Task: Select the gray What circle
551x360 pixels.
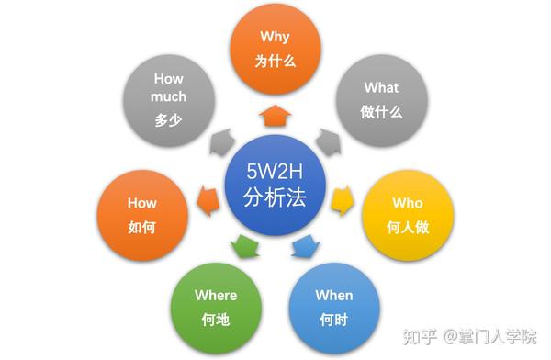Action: pyautogui.click(x=381, y=99)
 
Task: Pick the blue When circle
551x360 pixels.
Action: pyautogui.click(x=333, y=307)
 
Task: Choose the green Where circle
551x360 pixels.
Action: pyautogui.click(x=215, y=307)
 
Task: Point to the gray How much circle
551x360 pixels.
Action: pyautogui.click(x=169, y=99)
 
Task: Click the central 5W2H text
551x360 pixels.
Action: pyautogui.click(x=275, y=171)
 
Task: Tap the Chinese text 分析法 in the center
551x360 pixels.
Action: pyautogui.click(x=275, y=197)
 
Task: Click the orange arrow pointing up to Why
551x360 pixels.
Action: pyautogui.click(x=275, y=115)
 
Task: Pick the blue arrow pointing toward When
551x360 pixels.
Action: pyautogui.click(x=304, y=246)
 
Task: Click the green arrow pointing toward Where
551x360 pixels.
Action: pyautogui.click(x=245, y=246)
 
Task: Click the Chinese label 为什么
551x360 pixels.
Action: pyautogui.click(x=275, y=62)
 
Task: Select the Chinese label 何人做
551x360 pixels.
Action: pyautogui.click(x=409, y=227)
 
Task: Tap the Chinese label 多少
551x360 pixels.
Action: pyautogui.click(x=169, y=119)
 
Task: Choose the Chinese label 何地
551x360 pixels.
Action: pyautogui.click(x=215, y=318)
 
